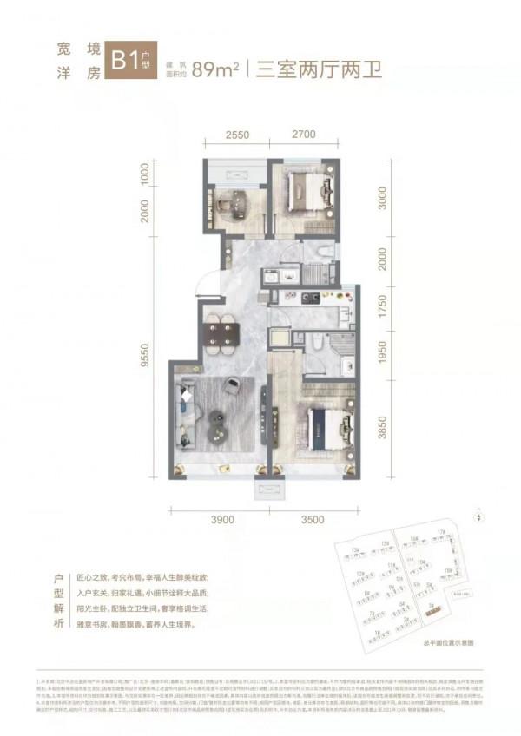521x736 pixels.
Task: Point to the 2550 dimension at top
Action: [232, 135]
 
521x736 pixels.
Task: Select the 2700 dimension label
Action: [304, 135]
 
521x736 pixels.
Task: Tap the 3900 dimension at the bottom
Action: [223, 519]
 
